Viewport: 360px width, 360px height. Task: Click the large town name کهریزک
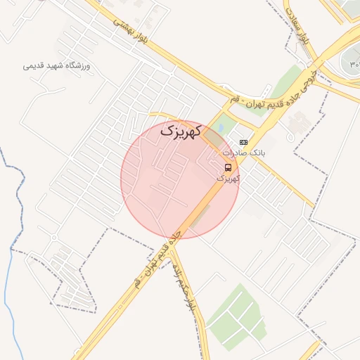pos(181,130)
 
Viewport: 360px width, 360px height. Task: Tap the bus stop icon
pos(228,167)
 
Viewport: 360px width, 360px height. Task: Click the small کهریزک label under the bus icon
pos(228,179)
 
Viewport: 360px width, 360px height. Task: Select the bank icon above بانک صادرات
pos(243,142)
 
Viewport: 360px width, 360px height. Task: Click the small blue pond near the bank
pos(221,129)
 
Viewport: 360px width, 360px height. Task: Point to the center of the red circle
pos(180,179)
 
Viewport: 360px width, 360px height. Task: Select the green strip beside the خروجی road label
pos(287,81)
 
